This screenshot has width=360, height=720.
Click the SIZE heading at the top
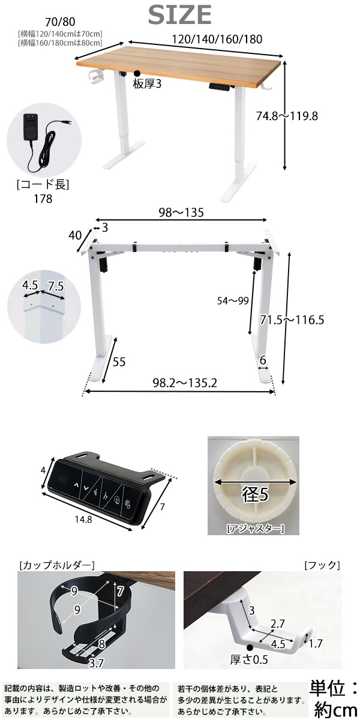coord(180,14)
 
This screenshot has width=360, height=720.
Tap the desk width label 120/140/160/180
coord(217,40)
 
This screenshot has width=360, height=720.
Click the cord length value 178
coord(43,199)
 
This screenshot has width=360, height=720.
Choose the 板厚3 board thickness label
coord(148,84)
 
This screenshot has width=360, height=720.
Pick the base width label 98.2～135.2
coord(180,383)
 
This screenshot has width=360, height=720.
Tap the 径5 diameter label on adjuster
coord(254,496)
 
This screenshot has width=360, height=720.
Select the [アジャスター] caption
coord(254,528)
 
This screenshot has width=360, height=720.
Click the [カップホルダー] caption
coord(57,565)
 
